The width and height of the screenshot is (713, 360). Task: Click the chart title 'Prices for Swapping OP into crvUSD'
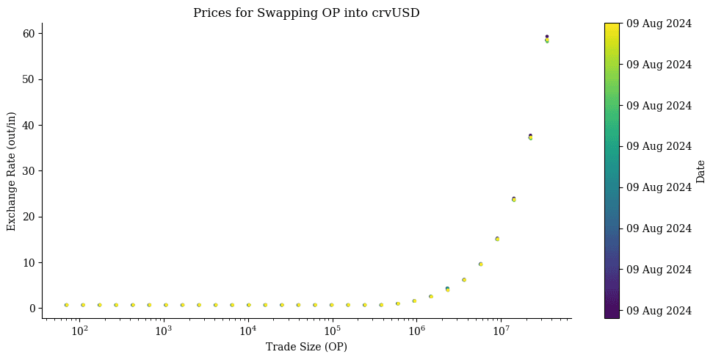306,13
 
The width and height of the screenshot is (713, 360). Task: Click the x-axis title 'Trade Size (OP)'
306,347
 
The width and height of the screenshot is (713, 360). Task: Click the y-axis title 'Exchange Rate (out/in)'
12,171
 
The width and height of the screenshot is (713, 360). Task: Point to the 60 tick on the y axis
32,33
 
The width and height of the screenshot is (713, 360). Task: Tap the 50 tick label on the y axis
32,79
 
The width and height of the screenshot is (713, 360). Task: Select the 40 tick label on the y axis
32,125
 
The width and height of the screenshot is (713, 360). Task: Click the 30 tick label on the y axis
32,171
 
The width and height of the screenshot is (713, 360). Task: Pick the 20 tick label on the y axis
32,217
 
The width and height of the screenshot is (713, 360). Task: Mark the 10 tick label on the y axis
32,262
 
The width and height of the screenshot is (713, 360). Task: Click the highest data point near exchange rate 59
547,37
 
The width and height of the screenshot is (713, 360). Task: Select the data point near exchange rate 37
530,137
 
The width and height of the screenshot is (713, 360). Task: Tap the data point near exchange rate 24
514,199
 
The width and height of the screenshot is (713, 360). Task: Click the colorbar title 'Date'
701,171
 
